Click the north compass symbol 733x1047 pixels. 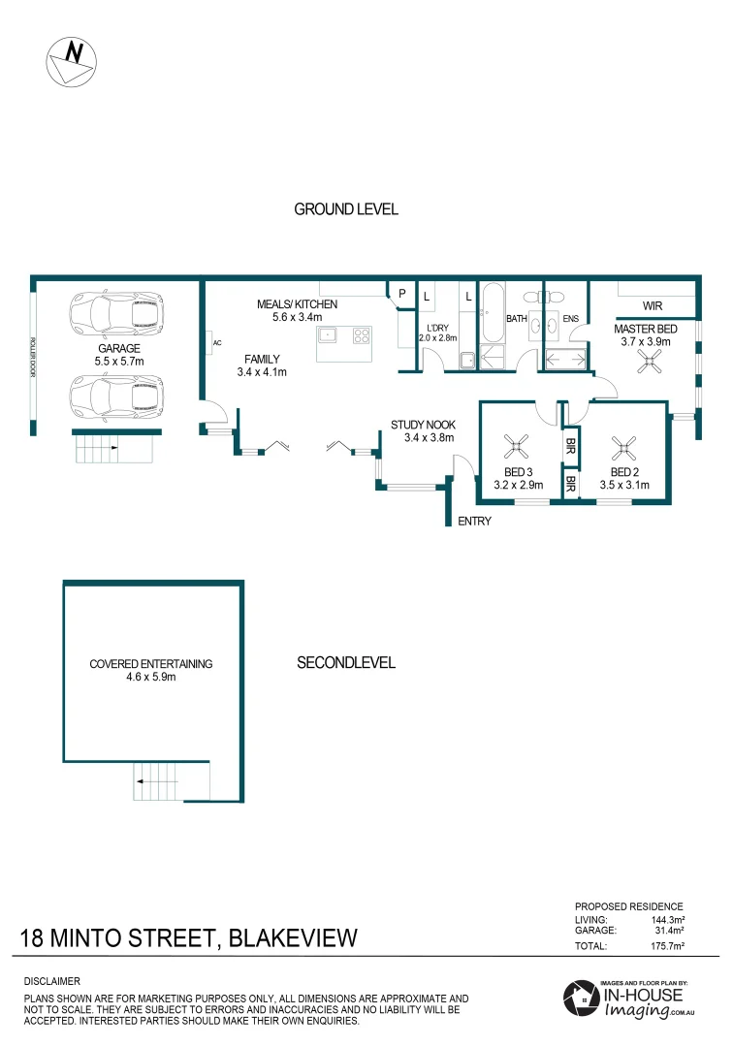pos(73,63)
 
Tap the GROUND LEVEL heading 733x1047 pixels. pos(346,209)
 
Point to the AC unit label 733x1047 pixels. pos(218,342)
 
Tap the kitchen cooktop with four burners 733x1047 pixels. pos(362,335)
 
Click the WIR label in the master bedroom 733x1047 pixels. pos(652,306)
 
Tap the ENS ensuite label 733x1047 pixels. pos(570,317)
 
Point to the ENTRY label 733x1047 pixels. pos(474,521)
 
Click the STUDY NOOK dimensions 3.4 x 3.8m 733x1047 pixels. pos(423,437)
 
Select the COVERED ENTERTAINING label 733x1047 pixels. pos(150,664)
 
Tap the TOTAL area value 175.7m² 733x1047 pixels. pos(666,945)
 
